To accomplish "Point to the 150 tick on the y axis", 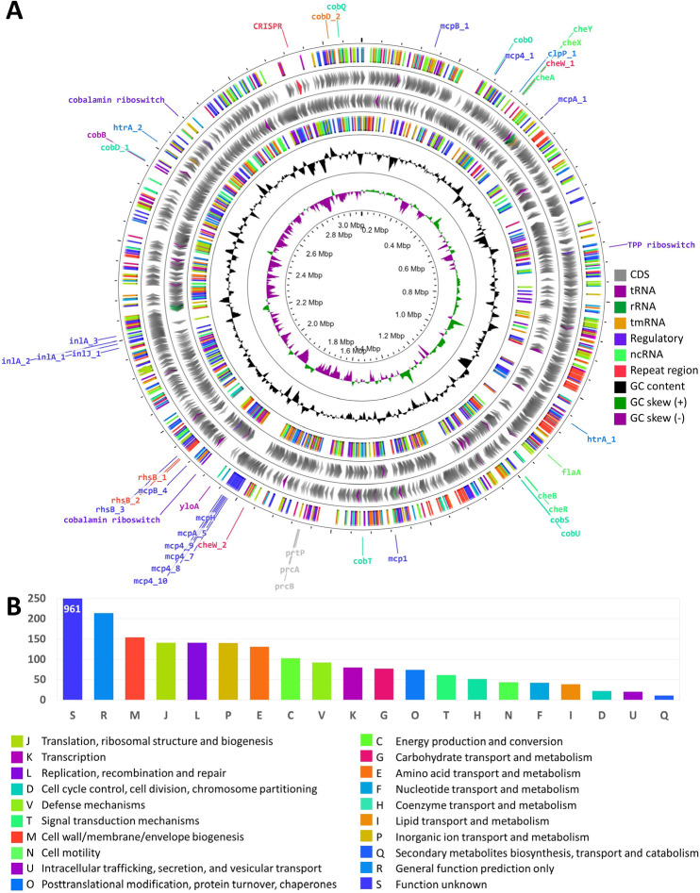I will [39, 638].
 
